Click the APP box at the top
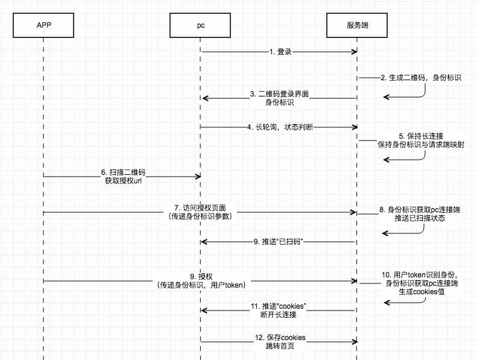click(x=44, y=25)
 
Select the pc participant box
click(x=201, y=25)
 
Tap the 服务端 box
click(x=357, y=25)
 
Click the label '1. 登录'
click(x=280, y=52)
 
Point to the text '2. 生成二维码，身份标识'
click(x=420, y=78)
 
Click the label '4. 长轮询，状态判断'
click(x=280, y=127)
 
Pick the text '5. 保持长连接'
click(x=420, y=136)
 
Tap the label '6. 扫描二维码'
click(x=123, y=172)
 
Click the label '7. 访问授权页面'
click(x=201, y=208)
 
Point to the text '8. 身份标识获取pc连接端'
click(x=420, y=209)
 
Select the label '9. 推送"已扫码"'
click(x=278, y=241)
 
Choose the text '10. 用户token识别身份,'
click(x=420, y=274)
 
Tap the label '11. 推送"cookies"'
click(x=279, y=306)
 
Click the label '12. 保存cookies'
click(x=279, y=338)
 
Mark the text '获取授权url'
click(x=123, y=181)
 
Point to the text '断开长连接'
click(x=279, y=315)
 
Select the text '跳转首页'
click(x=279, y=346)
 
